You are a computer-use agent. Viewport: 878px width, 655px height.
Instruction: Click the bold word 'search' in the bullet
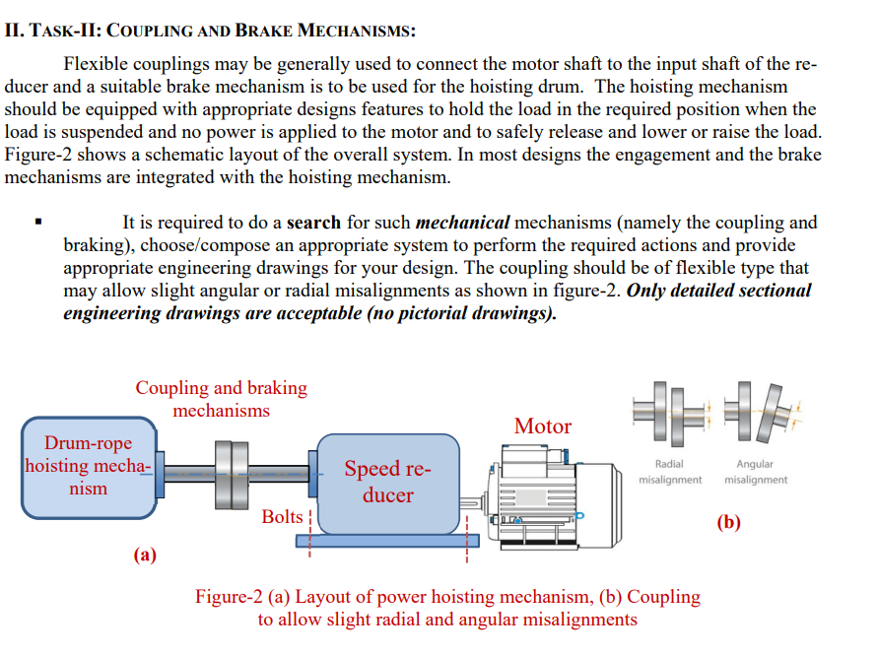(313, 223)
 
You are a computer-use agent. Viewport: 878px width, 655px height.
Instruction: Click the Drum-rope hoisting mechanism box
(88, 467)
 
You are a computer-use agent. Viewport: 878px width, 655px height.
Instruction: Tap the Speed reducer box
(387, 481)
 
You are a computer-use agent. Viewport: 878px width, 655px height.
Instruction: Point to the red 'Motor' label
(542, 426)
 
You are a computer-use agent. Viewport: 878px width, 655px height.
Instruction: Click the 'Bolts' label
(283, 516)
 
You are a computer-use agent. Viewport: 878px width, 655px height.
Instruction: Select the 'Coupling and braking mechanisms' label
(221, 399)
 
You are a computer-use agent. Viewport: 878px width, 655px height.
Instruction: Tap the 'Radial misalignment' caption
(670, 472)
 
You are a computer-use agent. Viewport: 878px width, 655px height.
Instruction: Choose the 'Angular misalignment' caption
(755, 472)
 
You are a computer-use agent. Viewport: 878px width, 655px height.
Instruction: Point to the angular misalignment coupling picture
(759, 412)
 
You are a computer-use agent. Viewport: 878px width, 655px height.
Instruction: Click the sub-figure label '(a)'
(146, 555)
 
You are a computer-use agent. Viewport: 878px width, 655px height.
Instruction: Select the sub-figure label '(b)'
(728, 522)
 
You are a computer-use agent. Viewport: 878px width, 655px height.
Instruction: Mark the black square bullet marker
(38, 223)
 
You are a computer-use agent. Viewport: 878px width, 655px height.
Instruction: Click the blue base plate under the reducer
(394, 540)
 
